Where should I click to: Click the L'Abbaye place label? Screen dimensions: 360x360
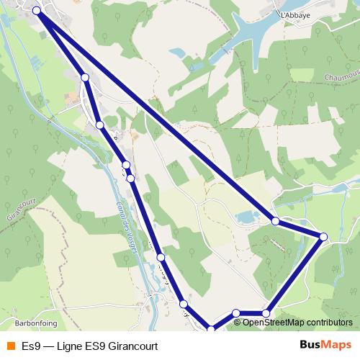295,14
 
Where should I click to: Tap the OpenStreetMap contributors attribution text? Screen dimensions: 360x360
297,322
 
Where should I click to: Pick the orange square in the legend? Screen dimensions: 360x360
10,346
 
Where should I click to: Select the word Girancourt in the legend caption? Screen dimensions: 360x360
132,346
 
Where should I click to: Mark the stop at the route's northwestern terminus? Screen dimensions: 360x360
37,11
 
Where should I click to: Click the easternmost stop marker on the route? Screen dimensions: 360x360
323,236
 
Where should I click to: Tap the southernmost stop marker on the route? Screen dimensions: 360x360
211,329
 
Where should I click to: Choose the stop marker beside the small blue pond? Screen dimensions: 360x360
275,221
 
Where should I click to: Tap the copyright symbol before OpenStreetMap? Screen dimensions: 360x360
238,322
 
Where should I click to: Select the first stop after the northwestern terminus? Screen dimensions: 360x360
85,77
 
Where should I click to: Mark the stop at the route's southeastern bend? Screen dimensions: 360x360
266,313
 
